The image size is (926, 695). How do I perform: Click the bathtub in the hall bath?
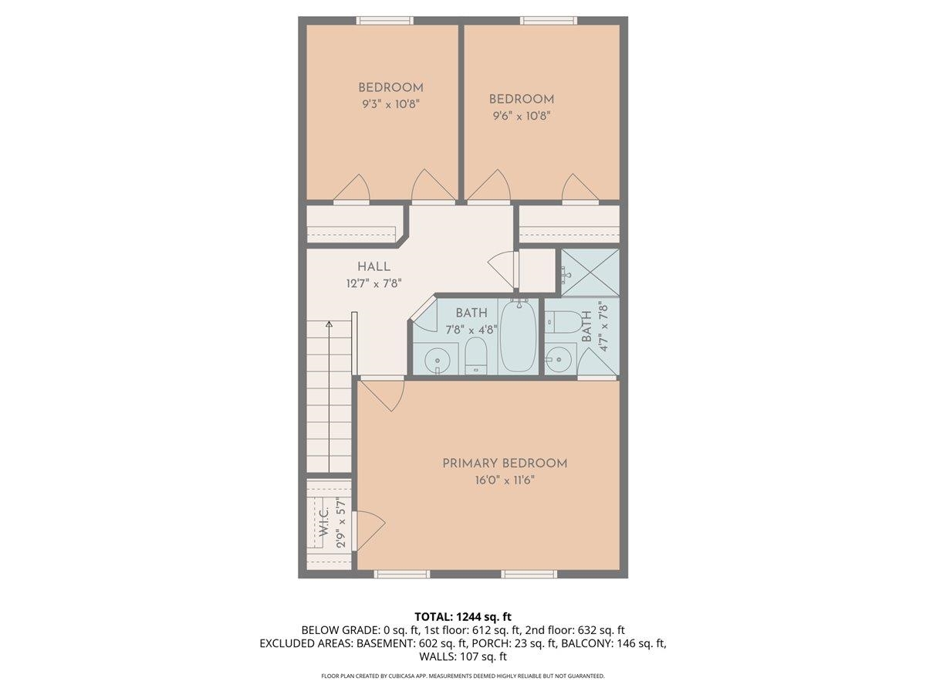519,337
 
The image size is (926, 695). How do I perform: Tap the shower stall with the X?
590,272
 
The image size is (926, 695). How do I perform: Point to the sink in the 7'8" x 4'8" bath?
438,360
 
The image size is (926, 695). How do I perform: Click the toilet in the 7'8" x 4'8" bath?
475,358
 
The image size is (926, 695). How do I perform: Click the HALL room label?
373,266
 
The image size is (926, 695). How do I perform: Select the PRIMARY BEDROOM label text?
505,463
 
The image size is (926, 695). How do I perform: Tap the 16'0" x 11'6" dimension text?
505,480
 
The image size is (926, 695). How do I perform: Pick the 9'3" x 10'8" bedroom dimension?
390,103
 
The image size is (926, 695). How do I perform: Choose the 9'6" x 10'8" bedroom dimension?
522,116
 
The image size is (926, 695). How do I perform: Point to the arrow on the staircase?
330,325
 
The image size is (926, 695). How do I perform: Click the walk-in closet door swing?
370,530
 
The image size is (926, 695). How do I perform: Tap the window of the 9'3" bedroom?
384,21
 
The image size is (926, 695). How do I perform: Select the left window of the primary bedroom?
401,574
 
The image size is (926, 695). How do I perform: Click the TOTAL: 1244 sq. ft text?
463,616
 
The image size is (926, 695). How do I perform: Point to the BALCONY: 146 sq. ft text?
613,643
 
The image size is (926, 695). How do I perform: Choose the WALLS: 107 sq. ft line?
463,657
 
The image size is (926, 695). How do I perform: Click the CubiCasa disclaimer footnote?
463,676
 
